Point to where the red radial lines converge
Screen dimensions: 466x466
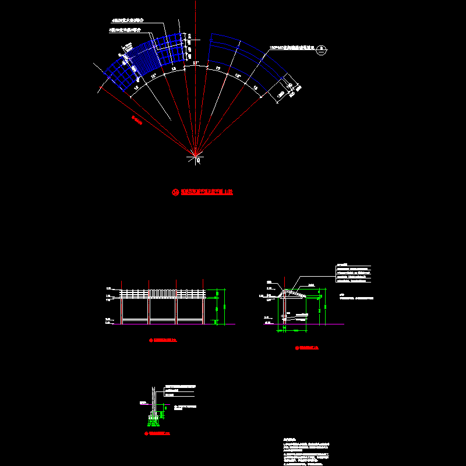(195, 154)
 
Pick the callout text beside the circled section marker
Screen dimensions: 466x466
(291, 48)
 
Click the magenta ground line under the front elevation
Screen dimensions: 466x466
(175, 324)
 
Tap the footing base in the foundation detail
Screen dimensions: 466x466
(155, 417)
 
